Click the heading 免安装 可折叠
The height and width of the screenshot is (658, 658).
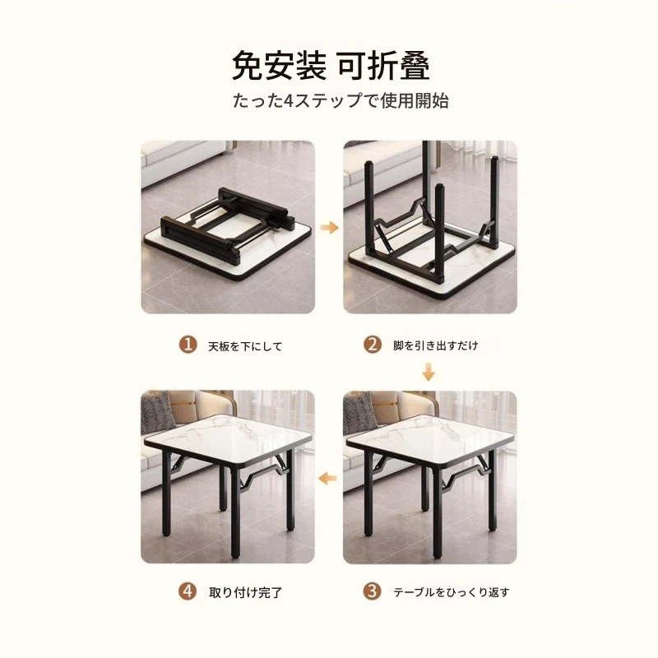click(331, 66)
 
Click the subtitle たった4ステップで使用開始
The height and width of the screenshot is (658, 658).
click(341, 101)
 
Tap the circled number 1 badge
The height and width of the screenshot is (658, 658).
click(188, 345)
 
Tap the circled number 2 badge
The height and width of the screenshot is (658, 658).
click(373, 345)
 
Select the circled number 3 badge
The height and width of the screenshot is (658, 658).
click(373, 591)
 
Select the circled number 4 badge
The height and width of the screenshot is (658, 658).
click(188, 591)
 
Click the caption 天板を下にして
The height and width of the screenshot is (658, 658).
click(245, 346)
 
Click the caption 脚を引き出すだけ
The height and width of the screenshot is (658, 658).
click(436, 345)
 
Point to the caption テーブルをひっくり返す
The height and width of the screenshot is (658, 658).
click(451, 592)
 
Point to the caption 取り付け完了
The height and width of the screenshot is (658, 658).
click(245, 592)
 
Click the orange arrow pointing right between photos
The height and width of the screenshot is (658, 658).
click(329, 228)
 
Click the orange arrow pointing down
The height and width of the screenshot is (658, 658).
click(428, 373)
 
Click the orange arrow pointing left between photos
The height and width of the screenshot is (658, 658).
click(327, 477)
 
